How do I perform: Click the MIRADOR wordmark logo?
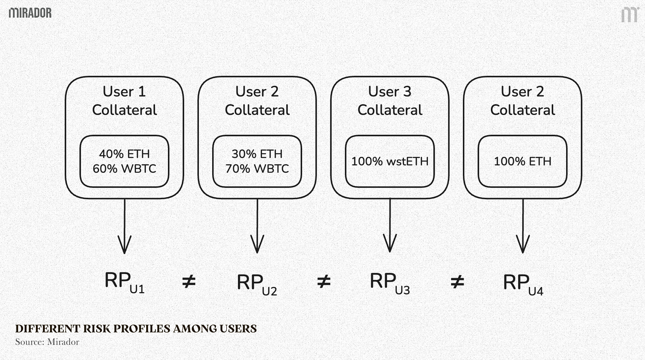(30, 13)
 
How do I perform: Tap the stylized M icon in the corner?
(629, 15)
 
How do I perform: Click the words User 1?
(124, 92)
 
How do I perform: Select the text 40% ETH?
(124, 154)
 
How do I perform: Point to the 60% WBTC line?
(124, 169)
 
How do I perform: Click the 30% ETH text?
(257, 154)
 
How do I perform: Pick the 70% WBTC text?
(257, 169)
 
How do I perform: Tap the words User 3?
(389, 92)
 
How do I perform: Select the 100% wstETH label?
(390, 161)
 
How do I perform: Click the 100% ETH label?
(523, 161)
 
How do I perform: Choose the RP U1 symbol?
(124, 282)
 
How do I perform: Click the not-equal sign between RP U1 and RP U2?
(189, 281)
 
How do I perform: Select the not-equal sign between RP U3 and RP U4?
(457, 281)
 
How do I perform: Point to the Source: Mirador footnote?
(47, 342)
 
